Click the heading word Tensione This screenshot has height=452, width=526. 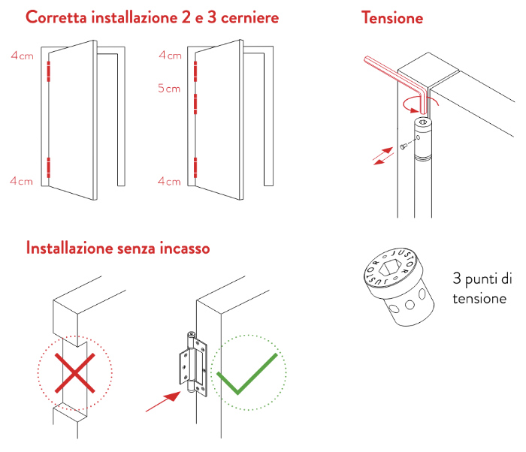(391, 17)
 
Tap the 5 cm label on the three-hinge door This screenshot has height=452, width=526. (169, 88)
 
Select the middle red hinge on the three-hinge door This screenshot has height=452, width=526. (195, 104)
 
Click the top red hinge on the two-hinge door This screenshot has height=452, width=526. (49, 71)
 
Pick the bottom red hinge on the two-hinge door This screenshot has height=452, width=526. (49, 167)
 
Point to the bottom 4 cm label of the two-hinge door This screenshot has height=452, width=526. (21, 181)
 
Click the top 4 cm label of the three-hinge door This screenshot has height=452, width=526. (170, 55)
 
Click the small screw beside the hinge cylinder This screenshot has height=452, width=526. (404, 146)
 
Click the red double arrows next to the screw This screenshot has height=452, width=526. (383, 156)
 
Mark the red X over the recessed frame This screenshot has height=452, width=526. (75, 372)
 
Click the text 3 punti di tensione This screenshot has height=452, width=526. (482, 288)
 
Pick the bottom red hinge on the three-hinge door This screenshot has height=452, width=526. (195, 167)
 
